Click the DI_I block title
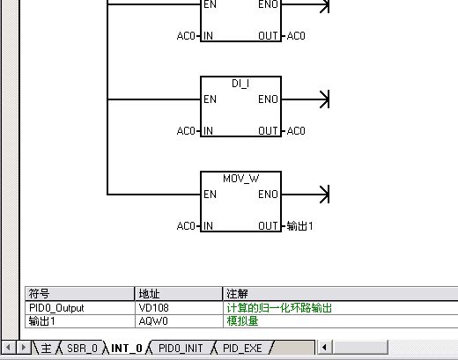240,84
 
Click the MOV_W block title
241,179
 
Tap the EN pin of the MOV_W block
210,195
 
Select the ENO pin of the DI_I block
268,99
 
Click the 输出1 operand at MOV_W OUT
299,226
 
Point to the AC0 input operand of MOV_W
186,226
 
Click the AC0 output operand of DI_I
296,131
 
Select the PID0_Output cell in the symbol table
56,308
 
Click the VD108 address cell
153,308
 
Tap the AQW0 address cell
153,321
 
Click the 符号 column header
39,294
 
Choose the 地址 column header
149,294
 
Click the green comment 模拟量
242,321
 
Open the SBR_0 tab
82,349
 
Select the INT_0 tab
127,349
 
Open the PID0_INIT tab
181,349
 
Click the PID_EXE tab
242,349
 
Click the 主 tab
46,349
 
